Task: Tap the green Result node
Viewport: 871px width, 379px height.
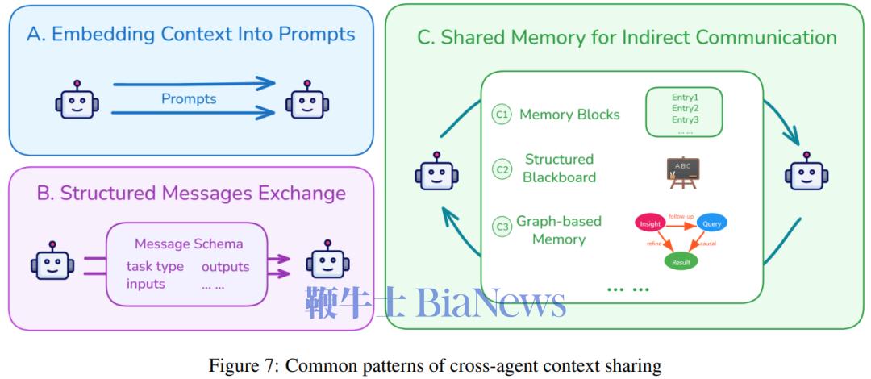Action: (x=680, y=262)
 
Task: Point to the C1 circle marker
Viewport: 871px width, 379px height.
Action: (x=502, y=115)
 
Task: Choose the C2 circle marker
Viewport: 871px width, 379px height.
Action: (x=502, y=169)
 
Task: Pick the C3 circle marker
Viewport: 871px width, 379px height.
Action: (x=502, y=227)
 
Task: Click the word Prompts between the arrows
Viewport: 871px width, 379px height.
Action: (x=189, y=99)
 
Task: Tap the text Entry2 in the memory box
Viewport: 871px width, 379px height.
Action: (x=685, y=108)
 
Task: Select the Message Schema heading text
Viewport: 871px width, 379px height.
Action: (x=189, y=244)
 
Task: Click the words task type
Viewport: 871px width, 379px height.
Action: (x=155, y=266)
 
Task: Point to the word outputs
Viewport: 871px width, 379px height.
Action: (x=225, y=266)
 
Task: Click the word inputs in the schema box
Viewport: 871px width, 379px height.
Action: (x=146, y=284)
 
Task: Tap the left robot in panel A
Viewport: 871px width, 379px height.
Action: (x=77, y=102)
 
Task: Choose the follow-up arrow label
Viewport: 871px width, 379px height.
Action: (x=681, y=217)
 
